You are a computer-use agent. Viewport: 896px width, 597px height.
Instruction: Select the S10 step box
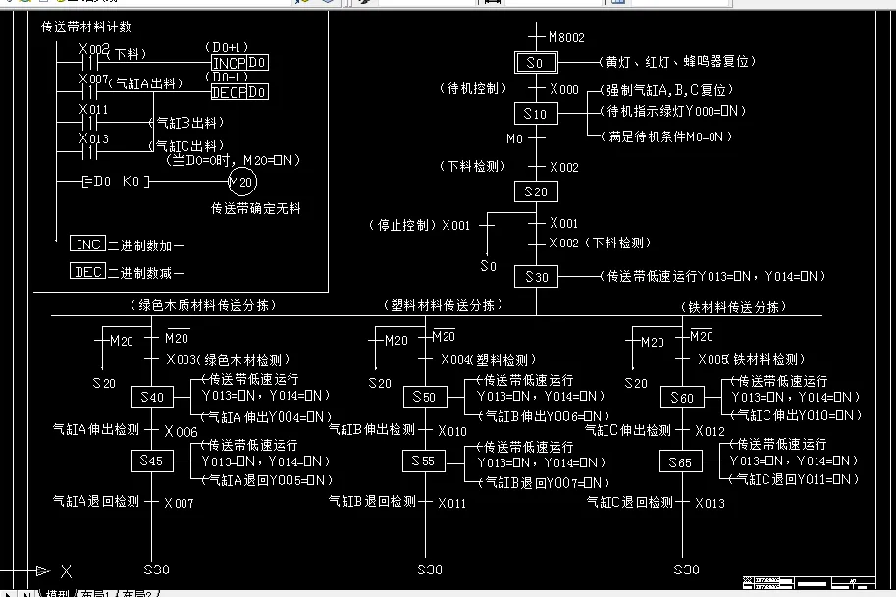[x=536, y=115]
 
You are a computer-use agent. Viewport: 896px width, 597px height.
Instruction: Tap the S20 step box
[x=536, y=191]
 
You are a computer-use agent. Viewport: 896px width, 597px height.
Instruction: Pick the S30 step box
[x=536, y=278]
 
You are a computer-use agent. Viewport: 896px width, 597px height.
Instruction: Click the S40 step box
[x=152, y=398]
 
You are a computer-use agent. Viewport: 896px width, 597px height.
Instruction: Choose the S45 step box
[x=152, y=461]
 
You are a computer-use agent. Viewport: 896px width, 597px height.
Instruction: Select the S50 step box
[x=425, y=398]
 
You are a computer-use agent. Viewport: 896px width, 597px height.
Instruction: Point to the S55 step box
[x=425, y=461]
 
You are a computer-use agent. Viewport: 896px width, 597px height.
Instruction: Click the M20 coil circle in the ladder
[x=240, y=183]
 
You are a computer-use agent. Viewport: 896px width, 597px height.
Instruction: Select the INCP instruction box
[x=229, y=63]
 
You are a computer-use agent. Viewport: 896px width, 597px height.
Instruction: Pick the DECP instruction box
[x=229, y=93]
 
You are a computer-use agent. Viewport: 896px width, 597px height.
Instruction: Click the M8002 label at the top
[x=566, y=38]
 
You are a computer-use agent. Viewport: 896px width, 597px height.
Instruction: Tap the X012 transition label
[x=710, y=431]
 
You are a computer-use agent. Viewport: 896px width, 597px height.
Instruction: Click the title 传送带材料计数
[x=85, y=27]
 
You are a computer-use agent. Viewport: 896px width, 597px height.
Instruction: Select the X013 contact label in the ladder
[x=94, y=139]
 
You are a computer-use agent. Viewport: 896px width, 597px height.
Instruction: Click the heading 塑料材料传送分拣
[x=442, y=306]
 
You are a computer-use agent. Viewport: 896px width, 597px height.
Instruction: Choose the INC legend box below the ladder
[x=87, y=244]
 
